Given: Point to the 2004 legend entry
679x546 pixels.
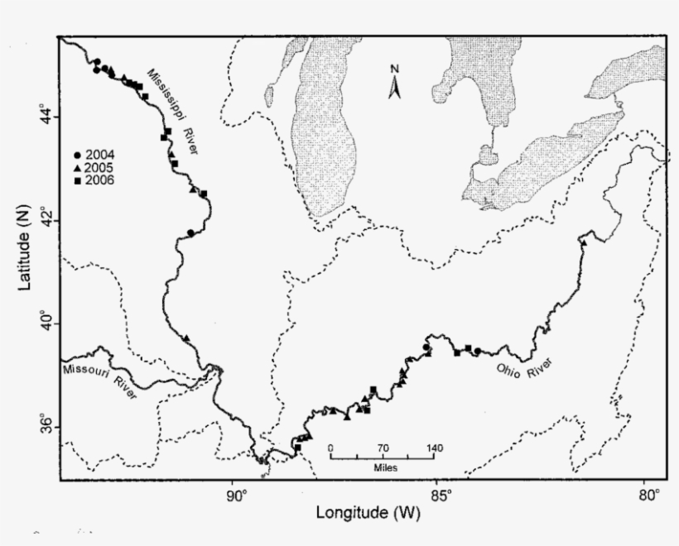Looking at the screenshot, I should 94,155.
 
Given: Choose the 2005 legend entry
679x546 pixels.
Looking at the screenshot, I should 94,167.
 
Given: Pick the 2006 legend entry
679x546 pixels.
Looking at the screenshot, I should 94,180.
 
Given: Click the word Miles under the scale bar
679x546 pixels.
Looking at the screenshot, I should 383,468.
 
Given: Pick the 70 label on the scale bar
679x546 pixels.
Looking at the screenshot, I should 383,448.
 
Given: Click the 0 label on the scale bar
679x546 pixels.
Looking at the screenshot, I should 330,448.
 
